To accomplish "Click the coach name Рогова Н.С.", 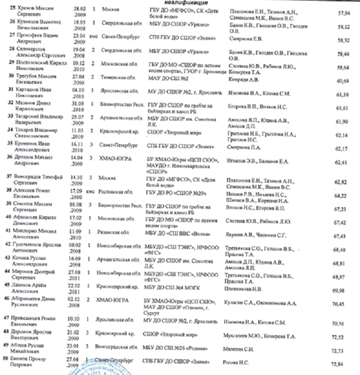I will pyautogui.click(x=237, y=363).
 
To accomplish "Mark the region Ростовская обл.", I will pyautogui.click(x=119, y=190).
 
